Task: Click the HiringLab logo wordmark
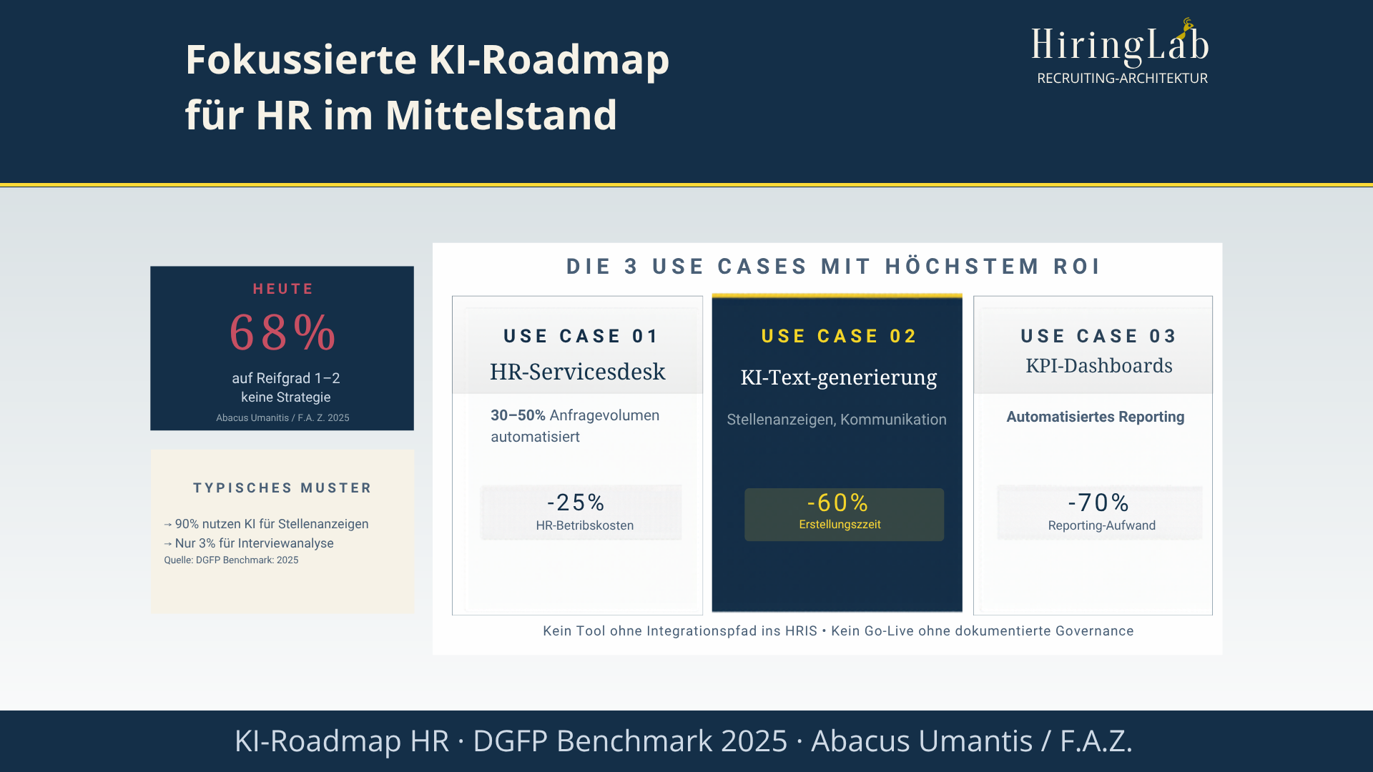pos(1119,44)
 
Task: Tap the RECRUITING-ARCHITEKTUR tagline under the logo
pos(1122,79)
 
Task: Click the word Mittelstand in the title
pos(501,115)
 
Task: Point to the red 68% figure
pos(282,333)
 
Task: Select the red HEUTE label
pos(283,289)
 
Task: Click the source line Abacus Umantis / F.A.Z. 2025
pos(282,418)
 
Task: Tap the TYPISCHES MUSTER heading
pos(282,488)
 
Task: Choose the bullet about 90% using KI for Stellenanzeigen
pos(271,524)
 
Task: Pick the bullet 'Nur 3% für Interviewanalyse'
pos(254,543)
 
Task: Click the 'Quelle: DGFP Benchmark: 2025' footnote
pos(231,560)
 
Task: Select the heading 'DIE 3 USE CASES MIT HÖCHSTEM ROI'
pos(833,267)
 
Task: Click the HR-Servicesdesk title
pos(577,372)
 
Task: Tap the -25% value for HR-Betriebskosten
pos(576,503)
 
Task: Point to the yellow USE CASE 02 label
pos(839,336)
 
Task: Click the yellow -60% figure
pos(837,503)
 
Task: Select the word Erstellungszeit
pos(840,525)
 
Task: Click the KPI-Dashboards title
pos(1098,366)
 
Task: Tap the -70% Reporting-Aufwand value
pos(1098,503)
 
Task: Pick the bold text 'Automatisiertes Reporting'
pos(1095,417)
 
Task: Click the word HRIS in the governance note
pos(801,631)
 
